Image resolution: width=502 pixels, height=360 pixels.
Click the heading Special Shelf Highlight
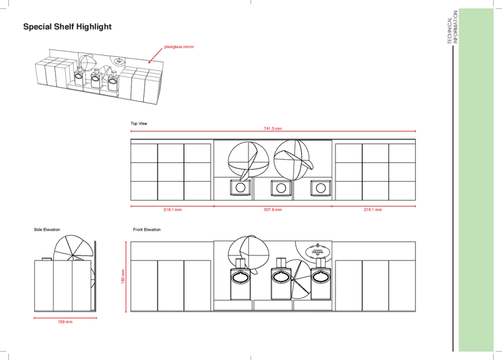point(67,27)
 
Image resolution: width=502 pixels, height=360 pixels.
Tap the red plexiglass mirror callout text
point(179,47)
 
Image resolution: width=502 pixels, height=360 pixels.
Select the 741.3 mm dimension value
point(273,129)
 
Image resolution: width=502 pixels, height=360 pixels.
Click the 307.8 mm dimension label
point(273,210)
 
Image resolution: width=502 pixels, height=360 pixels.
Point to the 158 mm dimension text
point(65,322)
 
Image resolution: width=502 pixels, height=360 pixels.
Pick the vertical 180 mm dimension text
point(123,276)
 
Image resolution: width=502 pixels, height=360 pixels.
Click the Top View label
point(139,124)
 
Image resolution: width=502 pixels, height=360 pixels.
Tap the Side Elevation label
point(47,230)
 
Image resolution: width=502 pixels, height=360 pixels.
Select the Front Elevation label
point(147,230)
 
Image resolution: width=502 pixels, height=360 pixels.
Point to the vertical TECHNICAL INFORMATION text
point(453,27)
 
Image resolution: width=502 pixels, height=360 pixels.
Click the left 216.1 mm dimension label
point(172,210)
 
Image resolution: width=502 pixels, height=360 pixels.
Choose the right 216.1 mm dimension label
point(373,210)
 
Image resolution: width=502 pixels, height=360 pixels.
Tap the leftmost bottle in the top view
point(240,187)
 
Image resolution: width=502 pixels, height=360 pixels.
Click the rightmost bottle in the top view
point(321,188)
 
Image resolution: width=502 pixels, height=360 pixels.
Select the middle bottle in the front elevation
point(281,279)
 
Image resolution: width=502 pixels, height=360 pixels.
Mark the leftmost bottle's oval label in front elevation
point(240,277)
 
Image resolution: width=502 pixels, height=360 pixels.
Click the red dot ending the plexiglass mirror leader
point(149,62)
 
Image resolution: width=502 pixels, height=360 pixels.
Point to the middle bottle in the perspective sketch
point(96,78)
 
